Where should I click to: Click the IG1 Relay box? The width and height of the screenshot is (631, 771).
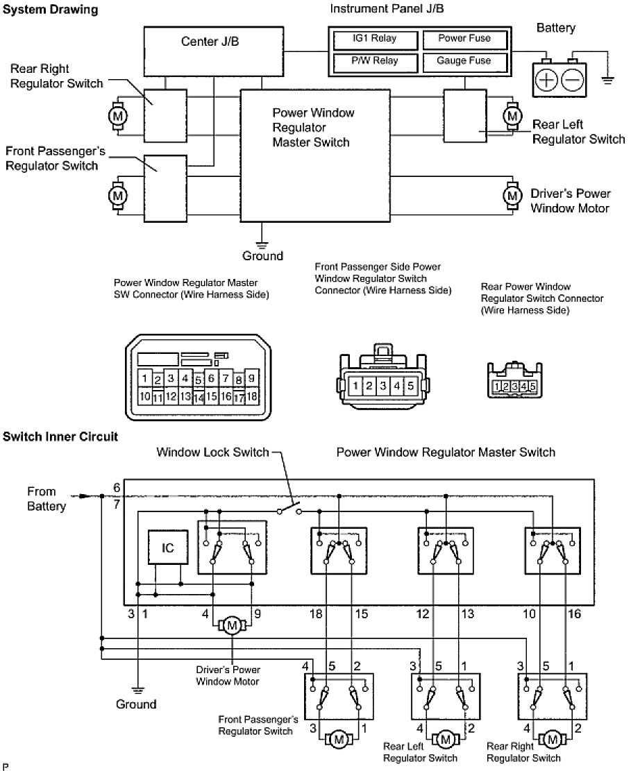pyautogui.click(x=374, y=39)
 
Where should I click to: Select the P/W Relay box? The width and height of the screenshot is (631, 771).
pyautogui.click(x=374, y=61)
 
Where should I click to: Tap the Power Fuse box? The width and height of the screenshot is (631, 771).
pyautogui.click(x=464, y=39)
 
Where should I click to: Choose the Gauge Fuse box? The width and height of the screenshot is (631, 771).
pyautogui.click(x=464, y=61)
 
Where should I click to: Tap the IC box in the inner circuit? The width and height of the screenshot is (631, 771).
pyautogui.click(x=168, y=548)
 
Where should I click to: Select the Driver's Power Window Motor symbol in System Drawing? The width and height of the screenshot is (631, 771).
pyautogui.click(x=512, y=196)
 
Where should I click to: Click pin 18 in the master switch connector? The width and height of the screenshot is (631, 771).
pyautogui.click(x=252, y=397)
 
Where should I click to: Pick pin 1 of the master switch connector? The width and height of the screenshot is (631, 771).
pyautogui.click(x=144, y=379)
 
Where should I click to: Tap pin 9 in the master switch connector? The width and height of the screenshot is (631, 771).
pyautogui.click(x=252, y=379)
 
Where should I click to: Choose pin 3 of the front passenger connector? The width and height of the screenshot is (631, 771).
pyautogui.click(x=383, y=385)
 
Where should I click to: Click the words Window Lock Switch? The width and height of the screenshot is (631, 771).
pyautogui.click(x=212, y=452)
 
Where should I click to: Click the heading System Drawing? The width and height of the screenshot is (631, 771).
pyautogui.click(x=51, y=10)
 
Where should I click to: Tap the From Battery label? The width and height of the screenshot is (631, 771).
pyautogui.click(x=47, y=498)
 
